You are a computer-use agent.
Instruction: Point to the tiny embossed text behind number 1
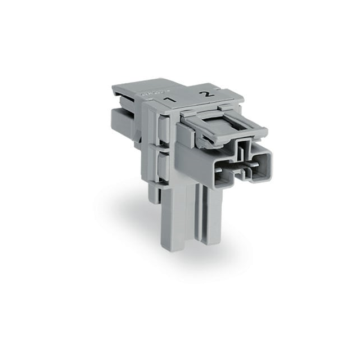(x=148, y=92)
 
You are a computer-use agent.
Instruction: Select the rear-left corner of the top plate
(x=114, y=89)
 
